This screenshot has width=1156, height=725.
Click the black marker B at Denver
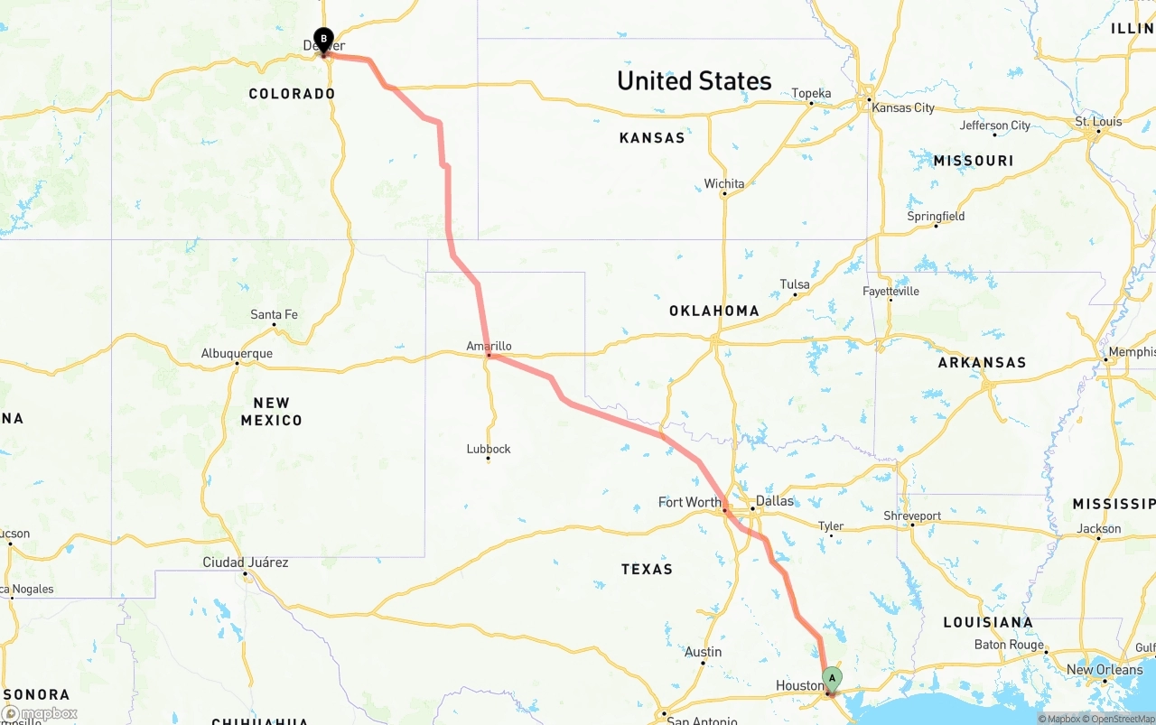tap(323, 40)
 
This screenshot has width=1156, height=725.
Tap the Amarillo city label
tap(489, 346)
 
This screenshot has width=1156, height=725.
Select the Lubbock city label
tap(489, 449)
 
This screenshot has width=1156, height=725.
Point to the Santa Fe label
tap(274, 314)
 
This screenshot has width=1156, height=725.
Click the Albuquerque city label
tap(237, 353)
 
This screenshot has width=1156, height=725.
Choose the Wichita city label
tap(724, 184)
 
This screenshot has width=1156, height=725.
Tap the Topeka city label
tap(811, 93)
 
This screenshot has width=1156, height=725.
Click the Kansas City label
tap(903, 107)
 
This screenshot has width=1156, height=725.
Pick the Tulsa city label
tap(795, 284)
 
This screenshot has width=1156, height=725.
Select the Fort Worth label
tap(690, 502)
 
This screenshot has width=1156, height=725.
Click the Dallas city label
tap(775, 501)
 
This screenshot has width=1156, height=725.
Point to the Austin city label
tap(703, 652)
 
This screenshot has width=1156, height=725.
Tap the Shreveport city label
tap(912, 516)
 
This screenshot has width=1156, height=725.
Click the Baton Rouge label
tap(1008, 645)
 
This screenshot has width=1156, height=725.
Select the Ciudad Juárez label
tap(246, 562)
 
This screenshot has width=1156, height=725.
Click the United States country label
tap(694, 81)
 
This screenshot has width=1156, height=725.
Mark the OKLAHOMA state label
tap(713, 311)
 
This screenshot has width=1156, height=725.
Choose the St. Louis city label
tap(1098, 122)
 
